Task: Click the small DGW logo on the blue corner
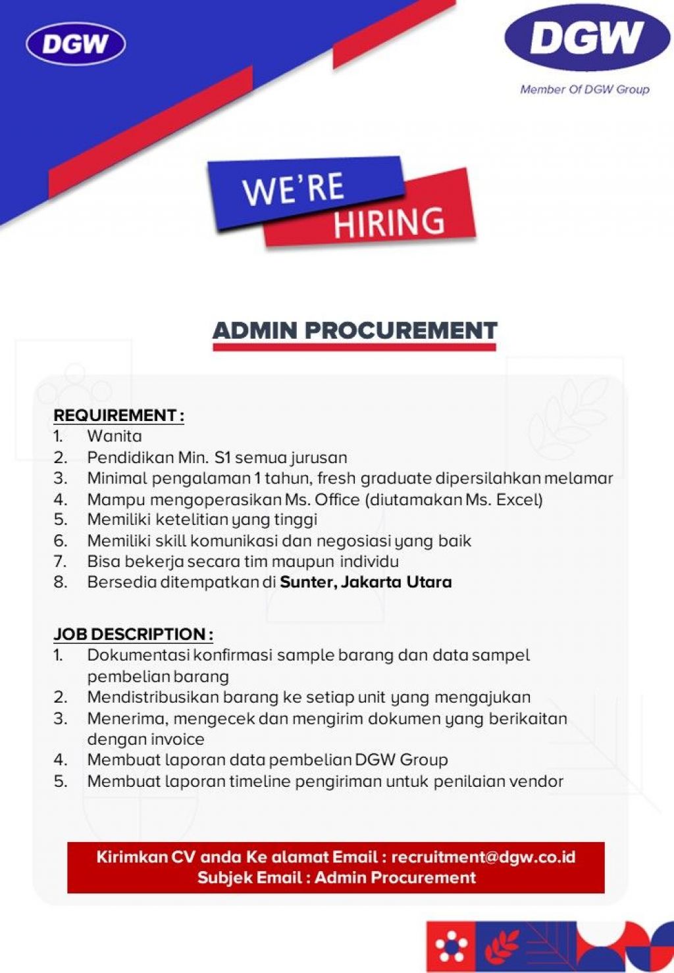coord(76,44)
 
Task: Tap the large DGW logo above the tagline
coord(586,38)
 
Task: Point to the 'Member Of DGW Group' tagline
coord(584,89)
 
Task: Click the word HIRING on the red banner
coord(388,223)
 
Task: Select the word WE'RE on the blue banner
coord(294,189)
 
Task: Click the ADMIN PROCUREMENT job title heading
coord(355,330)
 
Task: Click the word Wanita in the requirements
coord(115,436)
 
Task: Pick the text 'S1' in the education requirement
coord(222,457)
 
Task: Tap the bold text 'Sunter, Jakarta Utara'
coord(366,582)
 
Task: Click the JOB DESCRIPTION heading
coord(133,634)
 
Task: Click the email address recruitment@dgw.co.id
coord(483,857)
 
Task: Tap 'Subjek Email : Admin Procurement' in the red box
coord(336,878)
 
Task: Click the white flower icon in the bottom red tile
coord(452,947)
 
